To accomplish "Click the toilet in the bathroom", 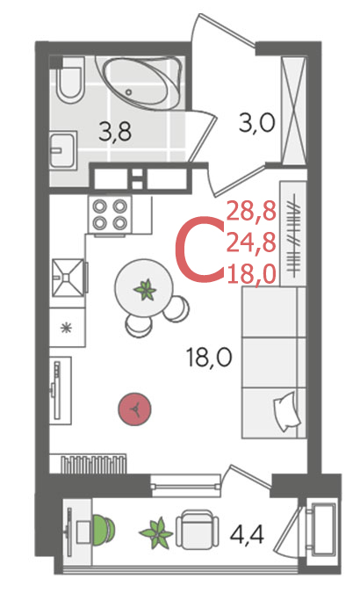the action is click(x=69, y=83).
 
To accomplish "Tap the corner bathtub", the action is click(x=143, y=83).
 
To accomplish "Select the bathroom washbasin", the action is click(x=62, y=149).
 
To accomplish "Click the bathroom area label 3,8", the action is click(x=115, y=132).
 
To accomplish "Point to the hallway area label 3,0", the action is click(x=256, y=123).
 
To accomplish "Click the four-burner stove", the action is click(x=110, y=214).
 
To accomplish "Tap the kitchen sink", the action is click(x=68, y=277).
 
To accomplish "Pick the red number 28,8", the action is click(x=252, y=213).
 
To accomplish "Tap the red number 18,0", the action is click(x=252, y=274).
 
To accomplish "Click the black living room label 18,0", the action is click(x=209, y=358).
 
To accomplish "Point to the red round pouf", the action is click(x=135, y=409).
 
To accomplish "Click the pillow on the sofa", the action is click(x=287, y=411).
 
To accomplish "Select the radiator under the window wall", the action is click(x=94, y=463).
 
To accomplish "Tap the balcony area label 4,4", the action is click(x=247, y=534).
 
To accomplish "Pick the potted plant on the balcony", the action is click(x=157, y=533).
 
